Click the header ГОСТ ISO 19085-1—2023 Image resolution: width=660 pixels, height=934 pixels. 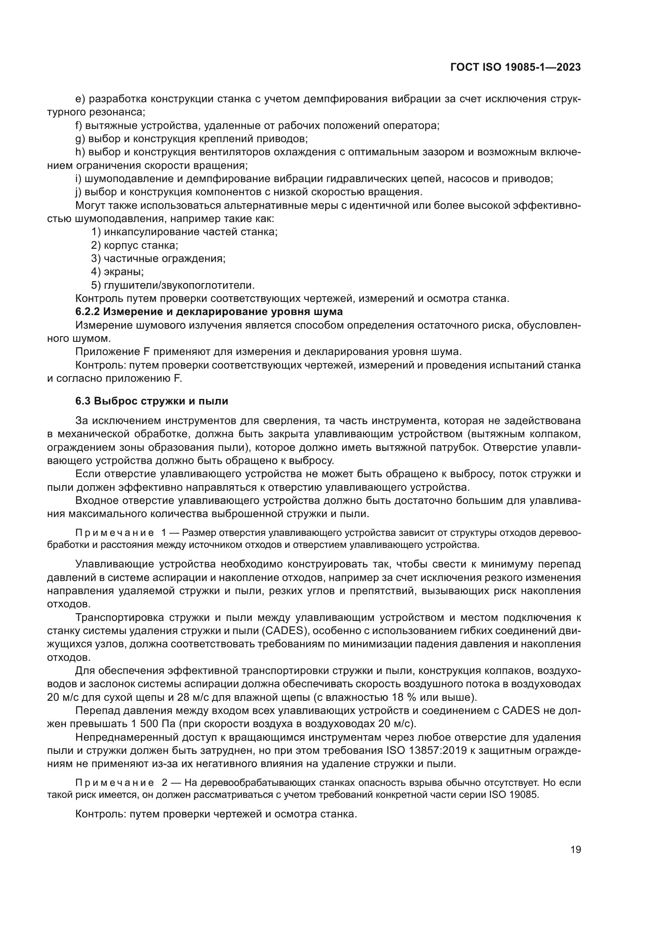pyautogui.click(x=515, y=67)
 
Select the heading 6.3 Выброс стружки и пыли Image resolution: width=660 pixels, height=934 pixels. pyautogui.click(x=152, y=401)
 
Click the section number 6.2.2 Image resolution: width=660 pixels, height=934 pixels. pyautogui.click(x=87, y=311)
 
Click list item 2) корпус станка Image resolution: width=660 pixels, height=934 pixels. pyautogui.click(x=134, y=245)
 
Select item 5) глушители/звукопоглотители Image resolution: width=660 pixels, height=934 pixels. pyautogui.click(x=173, y=285)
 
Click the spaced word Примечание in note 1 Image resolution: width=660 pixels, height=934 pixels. pyautogui.click(x=115, y=533)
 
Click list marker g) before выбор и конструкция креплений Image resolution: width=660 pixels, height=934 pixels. pyautogui.click(x=80, y=139)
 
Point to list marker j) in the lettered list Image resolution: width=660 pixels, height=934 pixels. pyautogui.click(x=79, y=192)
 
